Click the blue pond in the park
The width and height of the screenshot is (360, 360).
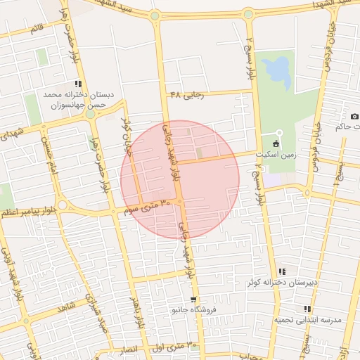pyautogui.click(x=279, y=69)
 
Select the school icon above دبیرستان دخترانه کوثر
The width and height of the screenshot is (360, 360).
pyautogui.click(x=282, y=271)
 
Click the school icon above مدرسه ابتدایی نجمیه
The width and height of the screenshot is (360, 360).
pyautogui.click(x=307, y=309)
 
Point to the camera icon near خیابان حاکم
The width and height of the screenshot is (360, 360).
pyautogui.click(x=354, y=116)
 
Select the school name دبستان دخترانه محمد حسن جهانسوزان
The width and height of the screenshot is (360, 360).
pyautogui.click(x=74, y=99)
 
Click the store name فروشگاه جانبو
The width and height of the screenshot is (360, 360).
pyautogui.click(x=200, y=309)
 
